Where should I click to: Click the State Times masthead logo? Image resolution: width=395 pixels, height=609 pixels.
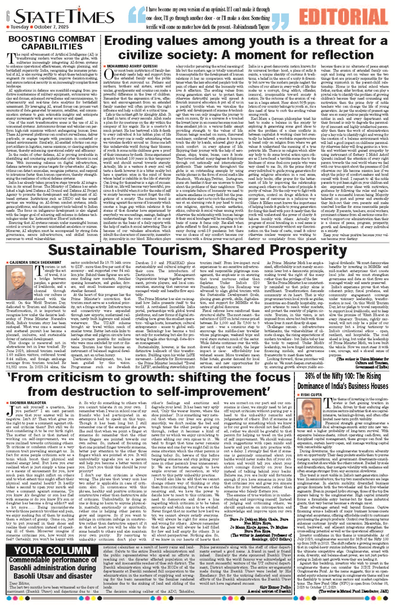(x=64, y=16)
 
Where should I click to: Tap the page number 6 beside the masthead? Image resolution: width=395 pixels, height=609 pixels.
(x=8, y=15)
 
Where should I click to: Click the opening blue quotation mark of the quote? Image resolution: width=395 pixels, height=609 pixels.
(x=136, y=18)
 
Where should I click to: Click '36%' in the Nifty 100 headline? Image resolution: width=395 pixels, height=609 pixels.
(x=311, y=376)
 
